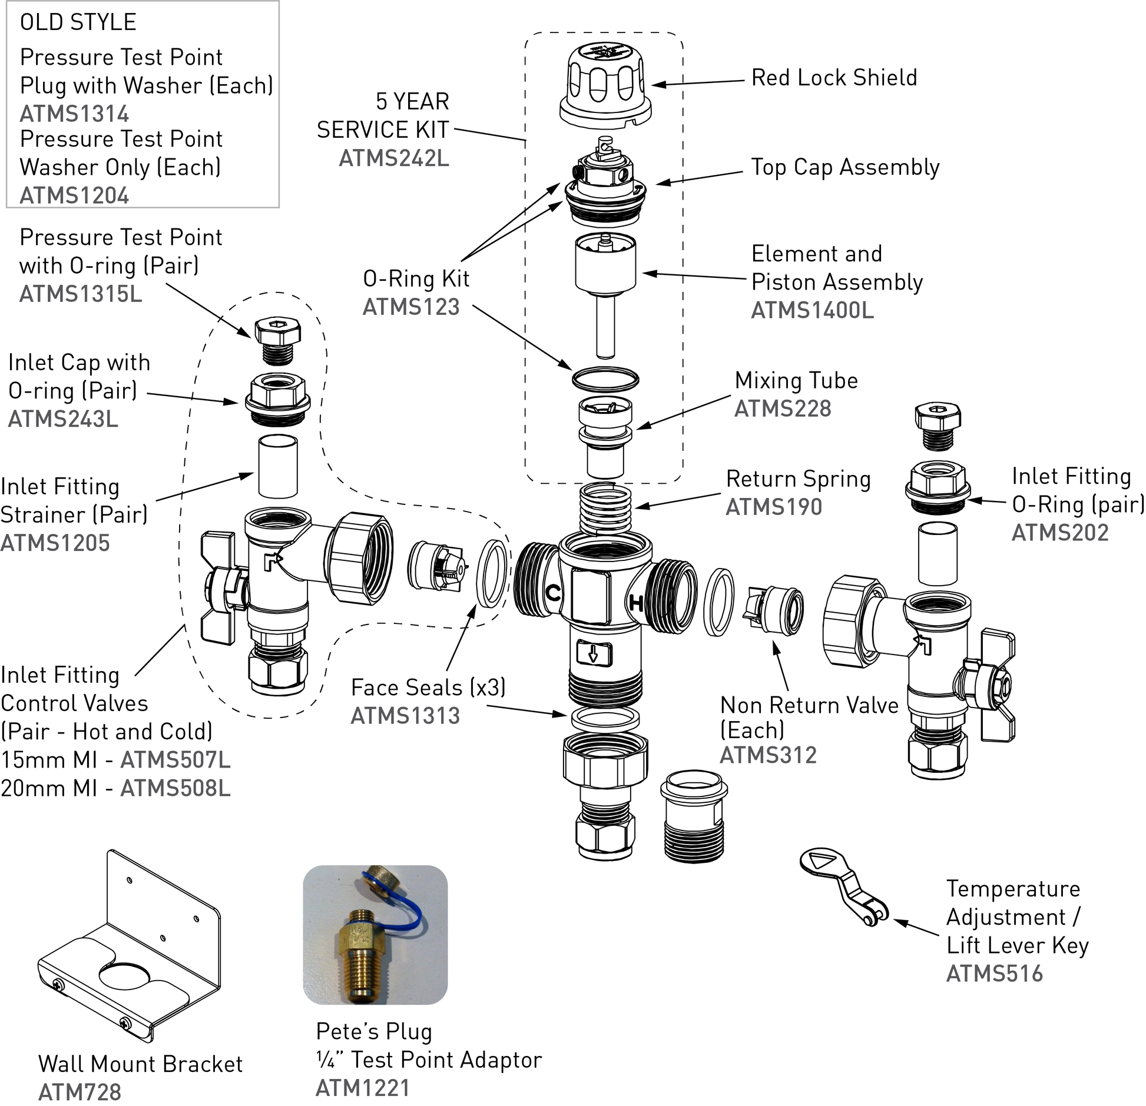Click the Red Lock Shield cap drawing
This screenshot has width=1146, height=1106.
click(605, 85)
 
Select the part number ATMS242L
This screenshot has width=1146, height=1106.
click(393, 158)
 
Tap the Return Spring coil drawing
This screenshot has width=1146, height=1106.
click(605, 508)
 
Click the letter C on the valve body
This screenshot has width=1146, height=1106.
click(552, 593)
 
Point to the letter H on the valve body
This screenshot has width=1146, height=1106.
click(637, 602)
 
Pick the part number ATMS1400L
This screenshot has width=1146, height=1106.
click(812, 310)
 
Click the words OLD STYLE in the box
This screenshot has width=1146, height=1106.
click(78, 22)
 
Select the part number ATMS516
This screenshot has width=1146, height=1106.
click(994, 974)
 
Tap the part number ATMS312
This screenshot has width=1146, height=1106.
click(768, 755)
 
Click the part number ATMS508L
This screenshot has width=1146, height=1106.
click(175, 788)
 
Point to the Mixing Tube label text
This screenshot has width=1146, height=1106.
click(796, 380)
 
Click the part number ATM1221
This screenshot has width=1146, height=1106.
click(362, 1088)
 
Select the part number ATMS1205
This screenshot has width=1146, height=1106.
click(55, 543)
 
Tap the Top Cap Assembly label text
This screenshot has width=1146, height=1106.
click(844, 167)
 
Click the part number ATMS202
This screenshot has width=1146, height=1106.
click(1059, 533)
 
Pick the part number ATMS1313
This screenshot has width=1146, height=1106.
click(405, 716)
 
